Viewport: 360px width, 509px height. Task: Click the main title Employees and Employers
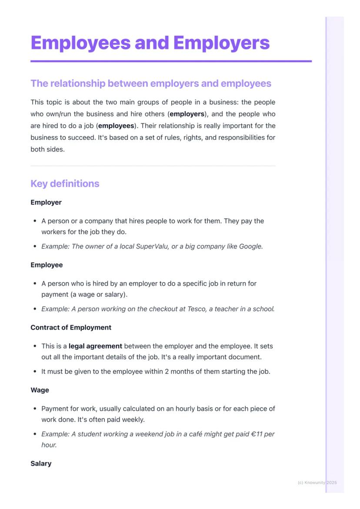pyautogui.click(x=150, y=43)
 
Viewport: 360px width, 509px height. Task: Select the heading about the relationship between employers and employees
pyautogui.click(x=150, y=83)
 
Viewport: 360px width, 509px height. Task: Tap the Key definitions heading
pyautogui.click(x=65, y=183)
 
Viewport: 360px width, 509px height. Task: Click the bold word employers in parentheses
pyautogui.click(x=187, y=114)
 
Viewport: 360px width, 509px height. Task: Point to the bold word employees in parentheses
pyautogui.click(x=116, y=126)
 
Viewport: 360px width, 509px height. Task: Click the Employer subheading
pyautogui.click(x=46, y=203)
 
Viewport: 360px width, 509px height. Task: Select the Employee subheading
pyautogui.click(x=47, y=265)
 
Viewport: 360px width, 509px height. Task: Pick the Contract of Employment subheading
pyautogui.click(x=71, y=328)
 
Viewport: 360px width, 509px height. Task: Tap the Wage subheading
pyautogui.click(x=40, y=390)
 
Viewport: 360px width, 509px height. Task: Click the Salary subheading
pyautogui.click(x=41, y=464)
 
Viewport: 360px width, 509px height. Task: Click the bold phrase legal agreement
pyautogui.click(x=95, y=346)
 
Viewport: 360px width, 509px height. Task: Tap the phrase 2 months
pyautogui.click(x=177, y=372)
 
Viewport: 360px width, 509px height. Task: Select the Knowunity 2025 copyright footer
pyautogui.click(x=317, y=482)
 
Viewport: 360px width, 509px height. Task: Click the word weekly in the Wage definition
pyautogui.click(x=133, y=420)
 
